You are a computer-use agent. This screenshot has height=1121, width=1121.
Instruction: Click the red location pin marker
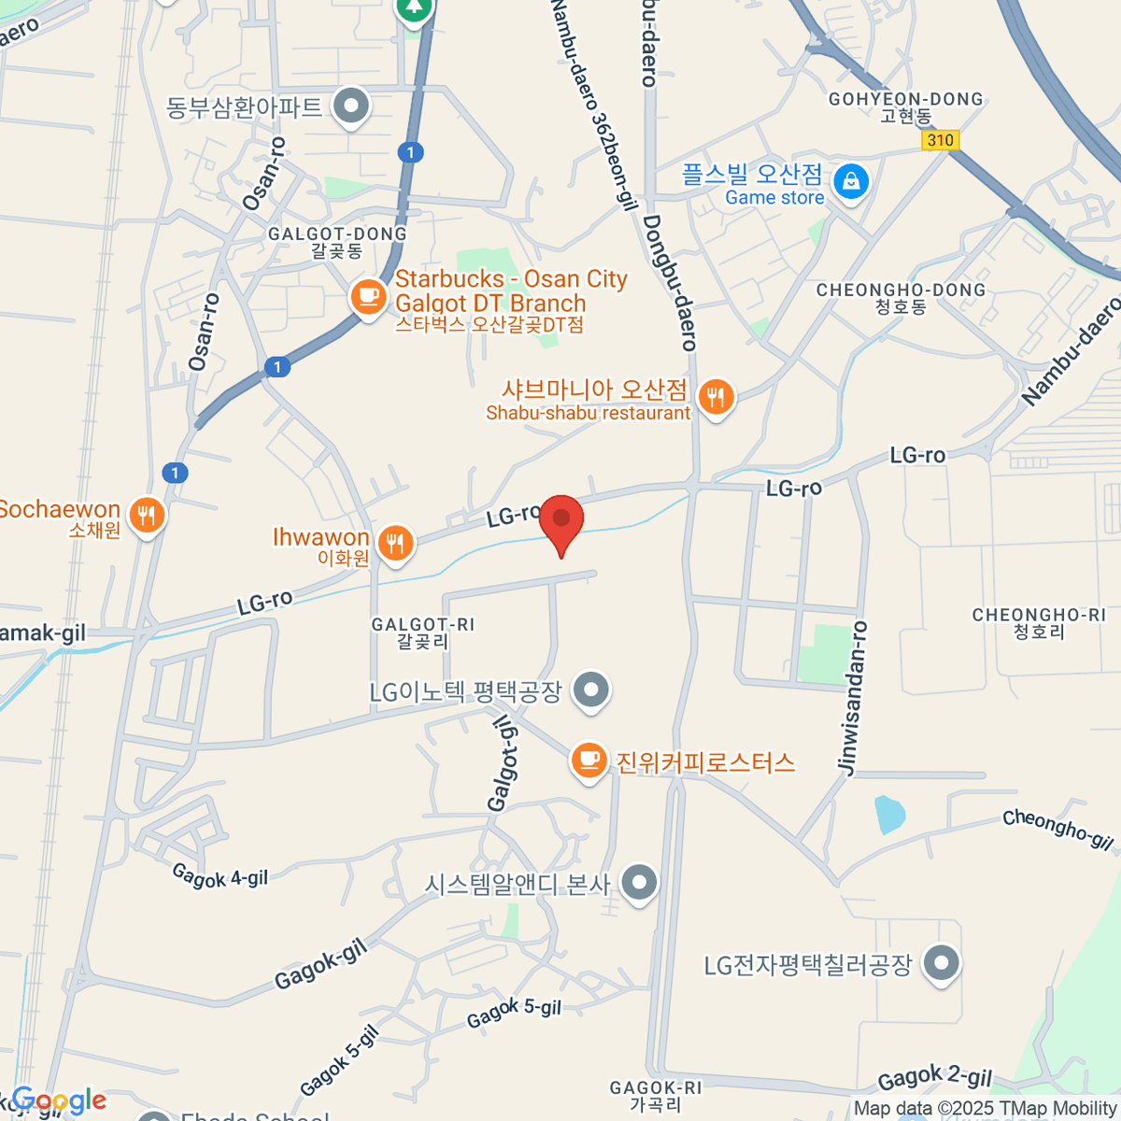(561, 521)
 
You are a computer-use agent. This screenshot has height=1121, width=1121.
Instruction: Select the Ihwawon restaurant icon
(396, 543)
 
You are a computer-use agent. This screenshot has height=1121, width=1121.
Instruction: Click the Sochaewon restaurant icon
(147, 515)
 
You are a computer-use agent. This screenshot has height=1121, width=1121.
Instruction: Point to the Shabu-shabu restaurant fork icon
(717, 397)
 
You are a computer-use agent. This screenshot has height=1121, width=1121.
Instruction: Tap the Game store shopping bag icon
(851, 181)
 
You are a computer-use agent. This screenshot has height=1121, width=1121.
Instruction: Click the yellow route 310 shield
(940, 140)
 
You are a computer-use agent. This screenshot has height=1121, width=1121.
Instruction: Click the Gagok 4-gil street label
(220, 875)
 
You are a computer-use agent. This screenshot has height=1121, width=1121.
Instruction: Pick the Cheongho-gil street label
(1058, 830)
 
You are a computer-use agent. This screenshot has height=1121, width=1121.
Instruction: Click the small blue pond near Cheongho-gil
(888, 814)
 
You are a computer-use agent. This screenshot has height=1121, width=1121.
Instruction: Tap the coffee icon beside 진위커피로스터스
(589, 760)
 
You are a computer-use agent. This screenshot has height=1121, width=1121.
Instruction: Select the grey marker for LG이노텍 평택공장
(590, 692)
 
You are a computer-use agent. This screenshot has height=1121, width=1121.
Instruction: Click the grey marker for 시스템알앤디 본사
(640, 882)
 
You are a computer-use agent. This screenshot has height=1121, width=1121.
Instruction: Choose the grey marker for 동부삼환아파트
(351, 106)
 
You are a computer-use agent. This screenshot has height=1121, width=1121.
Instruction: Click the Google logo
(58, 1100)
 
